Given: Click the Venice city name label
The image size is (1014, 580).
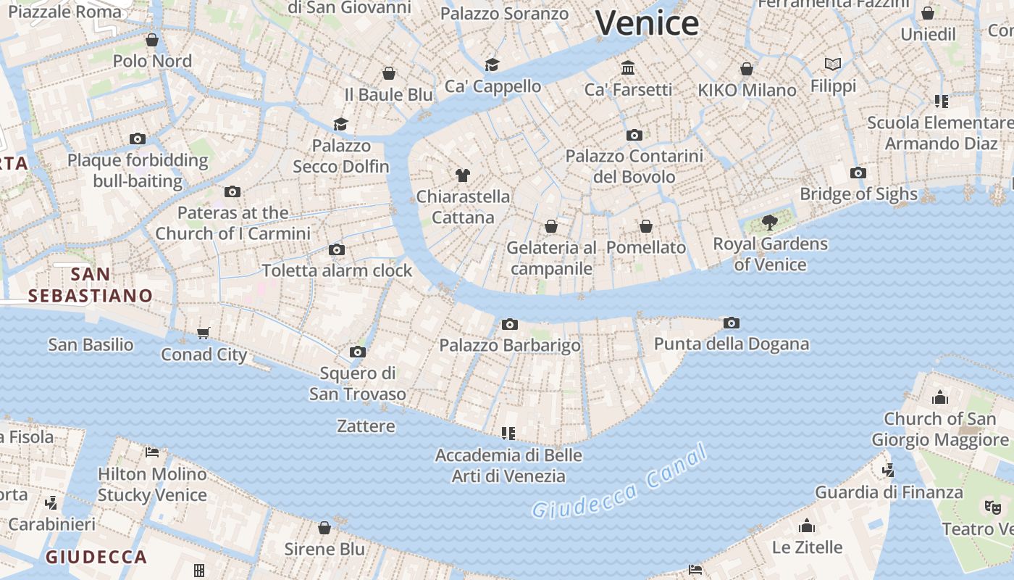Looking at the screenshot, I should pos(647,23).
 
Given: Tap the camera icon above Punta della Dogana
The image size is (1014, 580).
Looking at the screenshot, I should pos(732,323).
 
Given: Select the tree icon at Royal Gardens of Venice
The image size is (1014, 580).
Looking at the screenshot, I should pos(770,223).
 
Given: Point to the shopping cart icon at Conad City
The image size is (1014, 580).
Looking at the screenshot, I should pos(204,333).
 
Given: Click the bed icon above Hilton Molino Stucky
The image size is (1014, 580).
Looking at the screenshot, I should pos(152,452).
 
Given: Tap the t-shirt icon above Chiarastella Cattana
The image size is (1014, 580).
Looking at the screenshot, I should pos(463,175).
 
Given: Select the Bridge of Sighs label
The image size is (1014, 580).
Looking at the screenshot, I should pos(858,194).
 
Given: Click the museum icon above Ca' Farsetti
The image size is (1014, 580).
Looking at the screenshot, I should pos(628,68).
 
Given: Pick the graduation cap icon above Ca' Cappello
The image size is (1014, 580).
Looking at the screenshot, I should pos(493,65).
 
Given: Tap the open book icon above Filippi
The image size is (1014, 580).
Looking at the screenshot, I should pos(833,65).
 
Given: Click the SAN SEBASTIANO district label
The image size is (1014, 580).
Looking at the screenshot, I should pos(91,285).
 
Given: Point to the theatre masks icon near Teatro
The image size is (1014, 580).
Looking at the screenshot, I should pos(992,507).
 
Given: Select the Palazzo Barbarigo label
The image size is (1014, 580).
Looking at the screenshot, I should pos(510,345).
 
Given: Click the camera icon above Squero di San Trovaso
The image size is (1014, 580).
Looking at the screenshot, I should pos(357,352).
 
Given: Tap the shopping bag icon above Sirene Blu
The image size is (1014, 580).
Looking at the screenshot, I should pos(324,527).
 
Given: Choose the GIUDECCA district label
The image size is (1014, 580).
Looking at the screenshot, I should pos(96,557).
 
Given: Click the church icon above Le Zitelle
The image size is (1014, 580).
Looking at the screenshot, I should pos(807,526).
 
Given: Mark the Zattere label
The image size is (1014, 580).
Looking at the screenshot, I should pos(366,426).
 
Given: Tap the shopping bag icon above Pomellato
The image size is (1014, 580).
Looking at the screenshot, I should pos(646,226).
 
